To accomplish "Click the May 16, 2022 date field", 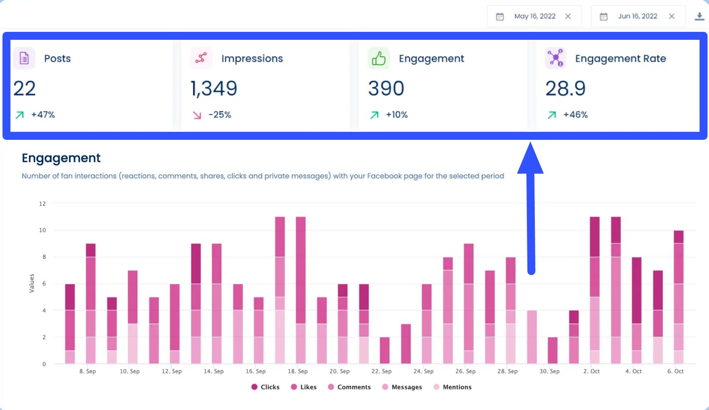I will [x=534, y=16].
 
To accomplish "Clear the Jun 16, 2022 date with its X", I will [x=672, y=16].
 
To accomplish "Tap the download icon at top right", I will [x=699, y=16].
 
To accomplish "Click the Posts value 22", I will [x=24, y=89].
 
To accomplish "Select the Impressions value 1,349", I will [x=214, y=89].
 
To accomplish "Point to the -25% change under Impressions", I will [x=219, y=115].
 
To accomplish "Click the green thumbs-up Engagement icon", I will [x=379, y=58].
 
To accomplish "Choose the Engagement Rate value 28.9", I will [x=565, y=89].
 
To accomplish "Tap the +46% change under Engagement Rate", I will [x=575, y=115].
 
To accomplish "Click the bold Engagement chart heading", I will [x=61, y=158].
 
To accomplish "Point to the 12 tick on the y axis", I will [x=42, y=204].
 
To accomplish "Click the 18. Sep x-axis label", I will [x=298, y=371].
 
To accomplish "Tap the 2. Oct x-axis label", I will [x=592, y=371].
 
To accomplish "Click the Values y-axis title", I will [x=32, y=283].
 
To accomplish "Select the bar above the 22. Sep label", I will [x=385, y=350].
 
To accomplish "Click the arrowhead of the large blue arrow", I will [x=530, y=158].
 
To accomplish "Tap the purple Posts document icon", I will [x=24, y=58].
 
